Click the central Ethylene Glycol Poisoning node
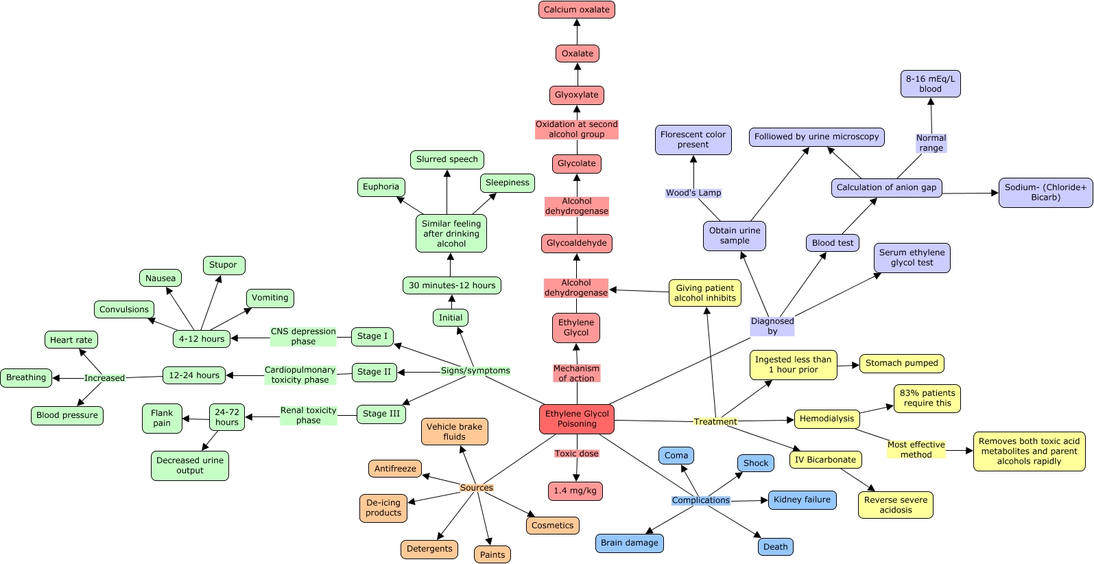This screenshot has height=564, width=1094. tap(576, 419)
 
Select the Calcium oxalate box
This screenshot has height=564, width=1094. tap(576, 10)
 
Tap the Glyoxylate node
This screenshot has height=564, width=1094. tap(576, 95)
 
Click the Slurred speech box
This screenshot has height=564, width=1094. tap(447, 159)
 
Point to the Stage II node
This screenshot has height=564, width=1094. tap(374, 372)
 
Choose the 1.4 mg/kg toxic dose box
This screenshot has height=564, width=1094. tap(575, 491)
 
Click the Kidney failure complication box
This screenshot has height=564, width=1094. tap(802, 500)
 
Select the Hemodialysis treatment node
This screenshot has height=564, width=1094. tap(827, 419)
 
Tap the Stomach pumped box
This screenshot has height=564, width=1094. tap(901, 363)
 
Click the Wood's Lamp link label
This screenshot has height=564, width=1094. tap(693, 193)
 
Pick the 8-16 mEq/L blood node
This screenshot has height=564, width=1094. tap(930, 84)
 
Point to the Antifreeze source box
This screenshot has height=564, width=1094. tap(395, 469)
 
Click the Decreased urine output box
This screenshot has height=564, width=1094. tap(190, 465)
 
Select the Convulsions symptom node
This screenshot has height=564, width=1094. tap(123, 309)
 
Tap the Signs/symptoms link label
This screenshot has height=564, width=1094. tap(475, 371)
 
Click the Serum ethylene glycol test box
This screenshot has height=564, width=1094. tap(912, 257)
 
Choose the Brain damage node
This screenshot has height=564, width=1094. tap(629, 543)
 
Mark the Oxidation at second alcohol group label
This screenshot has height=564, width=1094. tap(576, 129)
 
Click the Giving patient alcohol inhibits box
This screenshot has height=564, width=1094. tap(704, 293)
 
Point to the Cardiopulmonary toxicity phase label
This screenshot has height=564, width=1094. tap(300, 375)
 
